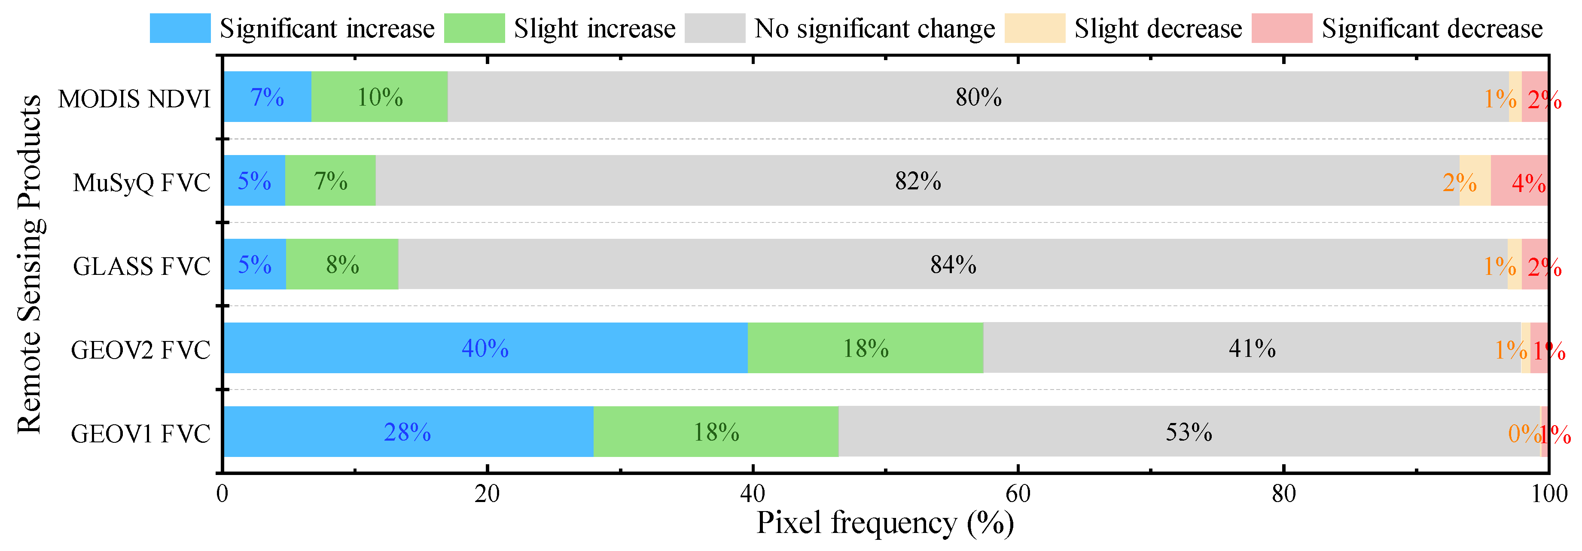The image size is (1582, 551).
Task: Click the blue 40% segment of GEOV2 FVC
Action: click(x=485, y=348)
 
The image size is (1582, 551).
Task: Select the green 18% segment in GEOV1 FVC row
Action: click(x=716, y=432)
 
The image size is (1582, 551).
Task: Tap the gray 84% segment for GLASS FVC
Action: click(x=953, y=265)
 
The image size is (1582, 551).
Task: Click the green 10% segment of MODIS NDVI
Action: click(x=380, y=97)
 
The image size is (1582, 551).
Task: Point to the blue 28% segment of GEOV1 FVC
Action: click(x=408, y=432)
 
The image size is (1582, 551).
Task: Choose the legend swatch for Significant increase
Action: click(x=180, y=28)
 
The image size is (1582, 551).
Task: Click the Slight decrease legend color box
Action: click(x=1035, y=28)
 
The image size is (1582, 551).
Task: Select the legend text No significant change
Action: click(x=875, y=28)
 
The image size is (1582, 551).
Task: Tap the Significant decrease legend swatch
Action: click(x=1282, y=28)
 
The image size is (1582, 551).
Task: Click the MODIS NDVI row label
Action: click(x=134, y=98)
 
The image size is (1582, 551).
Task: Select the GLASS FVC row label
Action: click(x=141, y=266)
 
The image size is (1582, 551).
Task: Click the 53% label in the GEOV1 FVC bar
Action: click(x=1189, y=432)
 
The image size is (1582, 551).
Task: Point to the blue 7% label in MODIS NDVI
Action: click(x=267, y=97)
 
